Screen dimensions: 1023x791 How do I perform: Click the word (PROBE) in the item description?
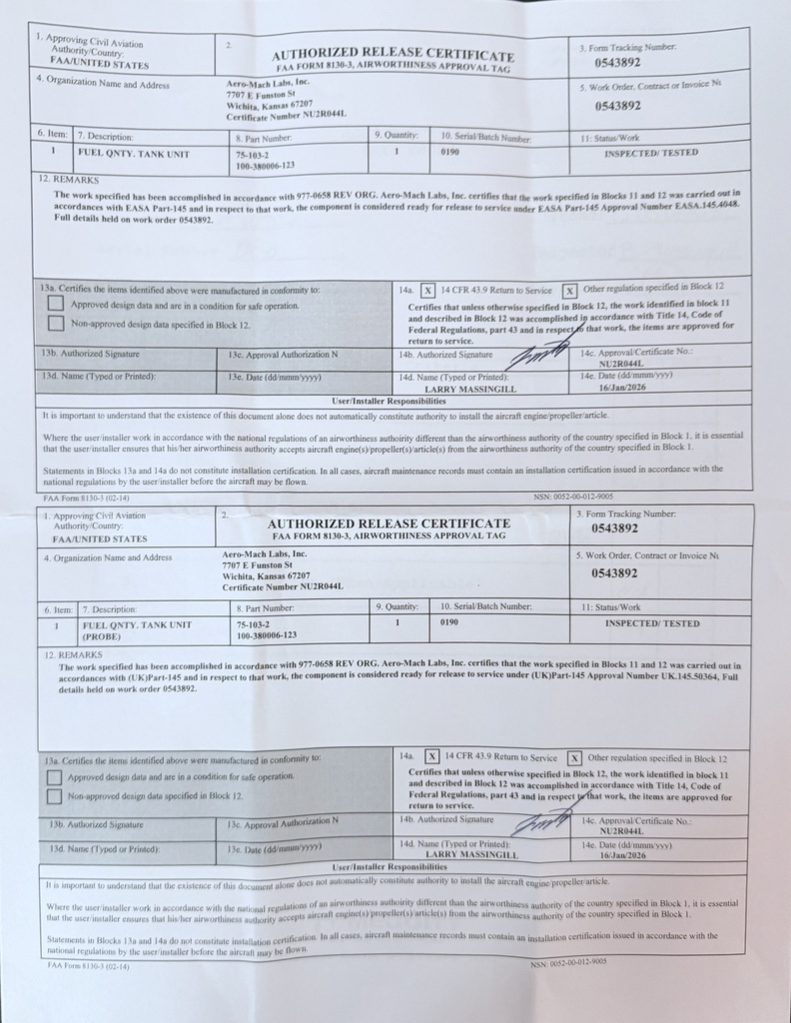[x=105, y=634]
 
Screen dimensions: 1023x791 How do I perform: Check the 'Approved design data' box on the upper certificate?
[x=56, y=305]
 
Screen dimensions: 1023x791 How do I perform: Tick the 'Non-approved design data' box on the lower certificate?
[x=54, y=796]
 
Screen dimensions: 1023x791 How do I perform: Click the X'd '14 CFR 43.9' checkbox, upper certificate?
[x=427, y=290]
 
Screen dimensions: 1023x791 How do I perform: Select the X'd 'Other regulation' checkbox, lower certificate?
[x=574, y=757]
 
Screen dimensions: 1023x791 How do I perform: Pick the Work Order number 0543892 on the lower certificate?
[x=615, y=573]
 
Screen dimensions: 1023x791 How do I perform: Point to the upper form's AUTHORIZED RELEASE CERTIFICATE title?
[x=394, y=55]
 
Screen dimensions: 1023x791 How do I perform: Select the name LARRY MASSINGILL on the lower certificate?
[x=472, y=855]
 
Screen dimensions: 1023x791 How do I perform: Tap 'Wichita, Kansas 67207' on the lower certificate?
[x=267, y=576]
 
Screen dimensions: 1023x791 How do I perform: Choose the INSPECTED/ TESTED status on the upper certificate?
[x=651, y=153]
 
